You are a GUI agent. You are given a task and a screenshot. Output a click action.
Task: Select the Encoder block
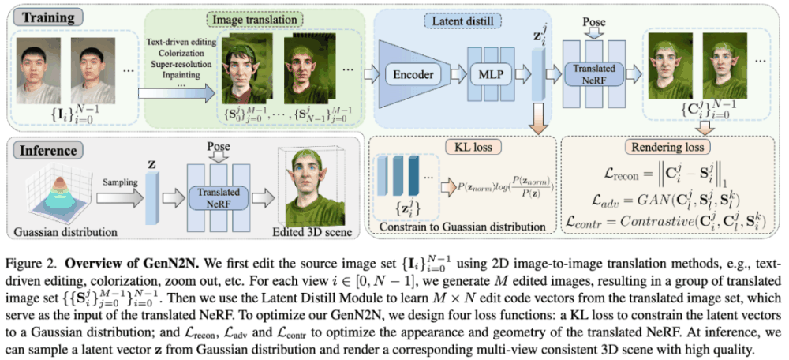point(414,74)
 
